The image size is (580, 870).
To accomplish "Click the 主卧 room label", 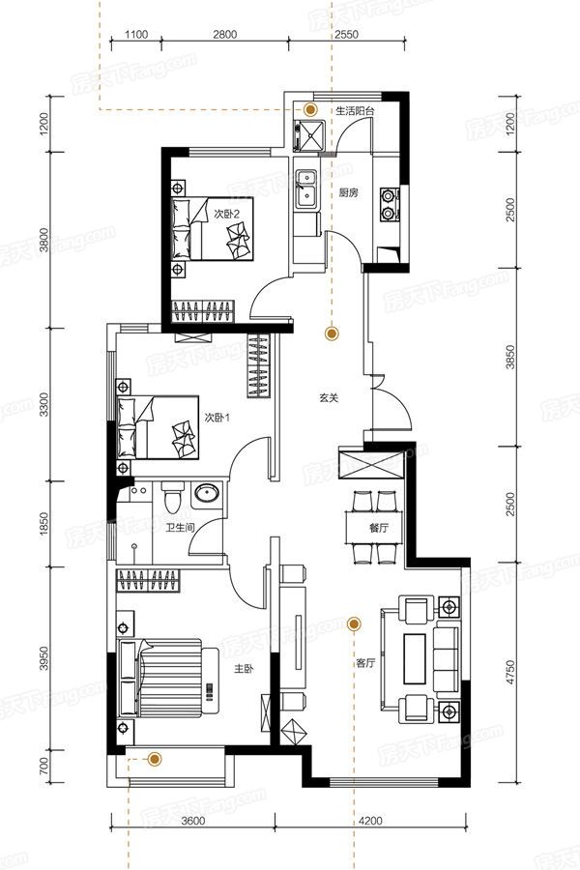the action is pos(244,669).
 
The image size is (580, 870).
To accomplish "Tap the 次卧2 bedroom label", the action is pos(226,214).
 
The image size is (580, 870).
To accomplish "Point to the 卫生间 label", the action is pos(180,528).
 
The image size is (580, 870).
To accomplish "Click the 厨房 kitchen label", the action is pos(349,193).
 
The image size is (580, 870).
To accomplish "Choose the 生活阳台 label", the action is pos(355,110).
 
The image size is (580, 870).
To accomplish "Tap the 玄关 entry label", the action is pos(329,398).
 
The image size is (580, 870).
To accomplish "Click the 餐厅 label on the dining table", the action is pos(379,528).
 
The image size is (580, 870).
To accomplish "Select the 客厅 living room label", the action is pos(365,662).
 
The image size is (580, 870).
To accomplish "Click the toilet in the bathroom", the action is pos(172,497).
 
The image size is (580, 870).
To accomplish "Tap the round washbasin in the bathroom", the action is pos(207,493).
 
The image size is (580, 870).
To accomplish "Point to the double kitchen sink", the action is pos(305,188).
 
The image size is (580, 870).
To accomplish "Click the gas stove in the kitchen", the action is pos(389,204).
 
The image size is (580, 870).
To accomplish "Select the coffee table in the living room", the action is pos(415,658).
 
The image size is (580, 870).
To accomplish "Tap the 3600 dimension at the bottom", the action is pos(193,821).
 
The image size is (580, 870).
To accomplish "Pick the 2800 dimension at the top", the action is pos(225,35).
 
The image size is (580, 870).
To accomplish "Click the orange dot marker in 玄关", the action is pos(332,333).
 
